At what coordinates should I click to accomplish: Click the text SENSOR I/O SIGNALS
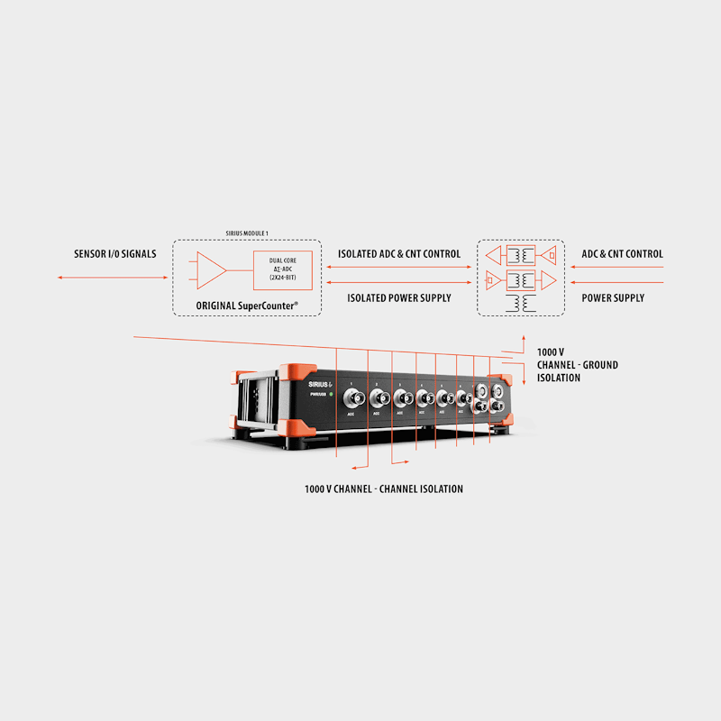(114, 254)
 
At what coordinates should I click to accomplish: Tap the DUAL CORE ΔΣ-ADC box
(284, 269)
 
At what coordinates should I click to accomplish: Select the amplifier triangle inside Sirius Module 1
(211, 269)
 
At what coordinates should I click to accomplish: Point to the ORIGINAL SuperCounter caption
(246, 306)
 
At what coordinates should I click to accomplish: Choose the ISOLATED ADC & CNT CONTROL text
(399, 254)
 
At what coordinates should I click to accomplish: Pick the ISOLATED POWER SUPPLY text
(399, 297)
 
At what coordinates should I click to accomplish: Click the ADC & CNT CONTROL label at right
(622, 254)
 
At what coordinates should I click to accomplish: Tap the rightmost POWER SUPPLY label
(613, 297)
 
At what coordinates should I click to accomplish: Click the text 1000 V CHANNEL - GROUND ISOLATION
(577, 364)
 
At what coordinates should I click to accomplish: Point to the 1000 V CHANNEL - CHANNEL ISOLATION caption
(384, 488)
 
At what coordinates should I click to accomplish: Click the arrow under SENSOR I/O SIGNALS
(114, 278)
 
